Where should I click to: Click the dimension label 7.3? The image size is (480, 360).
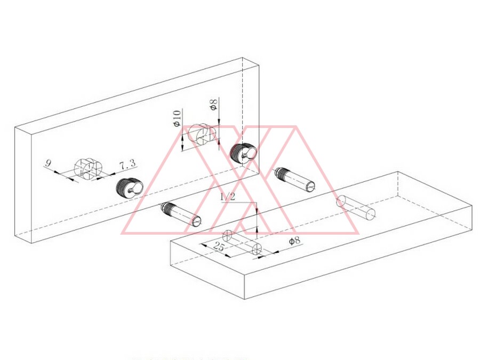127,165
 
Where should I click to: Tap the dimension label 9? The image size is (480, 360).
48,163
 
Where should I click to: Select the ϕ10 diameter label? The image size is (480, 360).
177,118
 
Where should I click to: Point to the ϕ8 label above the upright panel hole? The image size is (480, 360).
214,105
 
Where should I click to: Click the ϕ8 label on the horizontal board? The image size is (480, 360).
294,241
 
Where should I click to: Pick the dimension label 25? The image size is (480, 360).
219,246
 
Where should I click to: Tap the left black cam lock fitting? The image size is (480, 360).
130,187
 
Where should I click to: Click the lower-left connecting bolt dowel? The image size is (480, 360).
181,214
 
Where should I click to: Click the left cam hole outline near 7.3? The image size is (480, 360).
88,169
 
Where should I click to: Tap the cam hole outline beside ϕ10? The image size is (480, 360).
202,134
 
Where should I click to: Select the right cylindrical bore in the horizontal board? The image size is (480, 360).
356,208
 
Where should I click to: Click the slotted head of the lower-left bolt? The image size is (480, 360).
197,221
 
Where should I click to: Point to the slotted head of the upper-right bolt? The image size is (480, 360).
310,187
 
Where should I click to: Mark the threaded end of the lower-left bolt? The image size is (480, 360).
167,207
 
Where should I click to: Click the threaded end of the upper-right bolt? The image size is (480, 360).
280,173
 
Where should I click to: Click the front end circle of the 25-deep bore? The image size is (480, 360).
257,250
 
